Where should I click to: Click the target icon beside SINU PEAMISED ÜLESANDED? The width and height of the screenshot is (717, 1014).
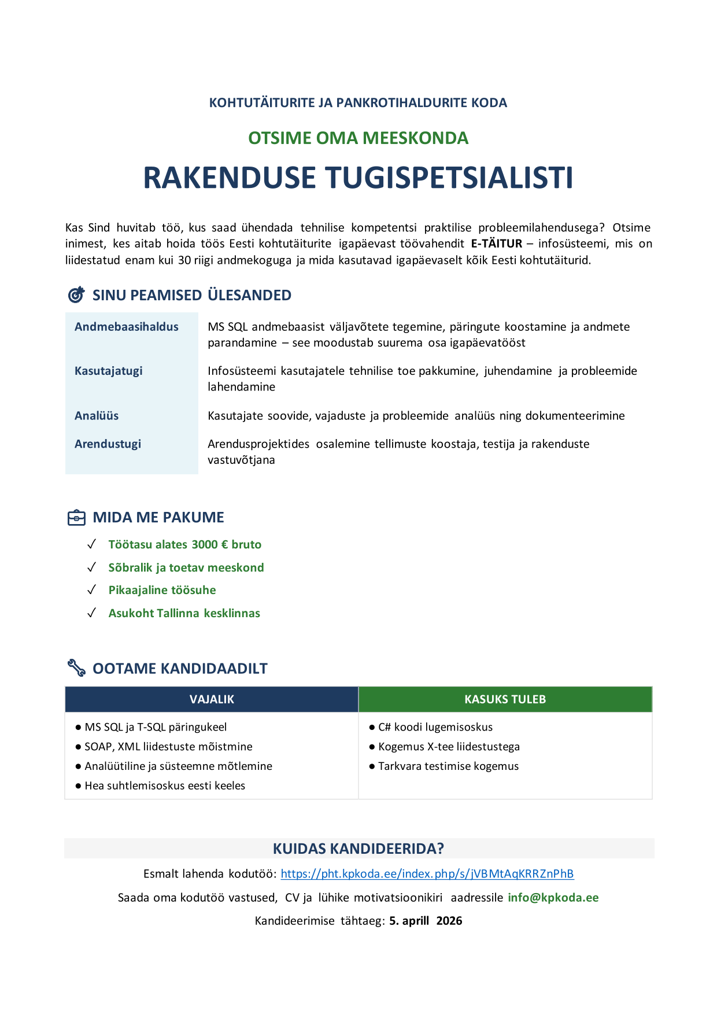click(x=76, y=295)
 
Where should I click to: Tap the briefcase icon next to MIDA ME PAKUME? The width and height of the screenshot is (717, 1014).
click(x=76, y=518)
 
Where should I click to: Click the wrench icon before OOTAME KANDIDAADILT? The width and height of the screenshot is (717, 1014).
click(x=76, y=668)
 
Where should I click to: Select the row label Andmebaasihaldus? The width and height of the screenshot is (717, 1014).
click(x=127, y=327)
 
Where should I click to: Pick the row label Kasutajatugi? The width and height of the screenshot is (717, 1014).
click(x=109, y=371)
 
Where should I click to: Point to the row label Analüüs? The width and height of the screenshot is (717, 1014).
click(x=97, y=416)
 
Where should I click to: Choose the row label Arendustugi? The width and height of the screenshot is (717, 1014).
click(x=108, y=444)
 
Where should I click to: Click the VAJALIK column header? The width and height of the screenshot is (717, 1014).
click(x=212, y=699)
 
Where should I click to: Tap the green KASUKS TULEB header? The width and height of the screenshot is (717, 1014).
click(x=505, y=699)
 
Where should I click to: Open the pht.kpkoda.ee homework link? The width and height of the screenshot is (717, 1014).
click(x=427, y=874)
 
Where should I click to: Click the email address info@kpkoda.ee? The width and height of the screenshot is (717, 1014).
click(x=553, y=898)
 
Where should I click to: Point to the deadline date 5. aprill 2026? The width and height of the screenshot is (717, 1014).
click(x=426, y=921)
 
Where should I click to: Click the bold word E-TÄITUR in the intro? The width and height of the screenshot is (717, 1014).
click(x=497, y=244)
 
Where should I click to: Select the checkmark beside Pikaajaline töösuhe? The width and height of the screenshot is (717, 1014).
click(x=91, y=590)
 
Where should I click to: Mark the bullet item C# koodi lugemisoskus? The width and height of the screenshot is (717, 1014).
click(x=435, y=727)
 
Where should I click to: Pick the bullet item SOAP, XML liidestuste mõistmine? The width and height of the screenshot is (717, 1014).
click(x=168, y=747)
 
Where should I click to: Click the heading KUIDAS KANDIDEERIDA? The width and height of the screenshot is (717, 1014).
click(x=358, y=849)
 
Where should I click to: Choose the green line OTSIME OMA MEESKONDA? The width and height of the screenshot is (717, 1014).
click(x=358, y=138)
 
